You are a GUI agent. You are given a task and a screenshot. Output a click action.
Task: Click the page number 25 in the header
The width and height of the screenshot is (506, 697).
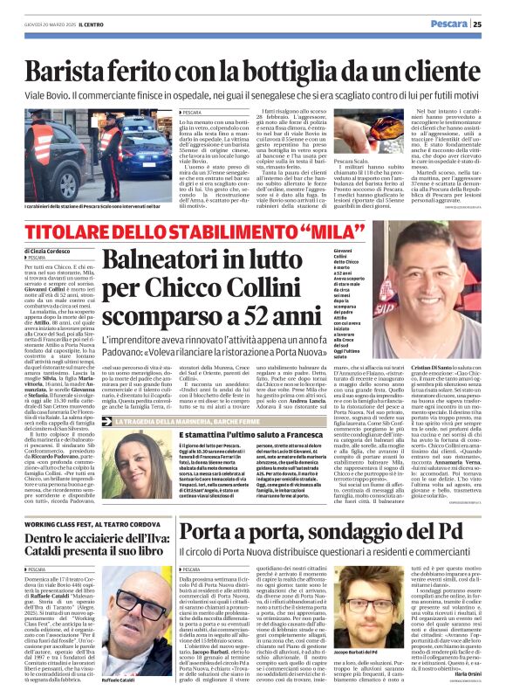pyautogui.click(x=490, y=24)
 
